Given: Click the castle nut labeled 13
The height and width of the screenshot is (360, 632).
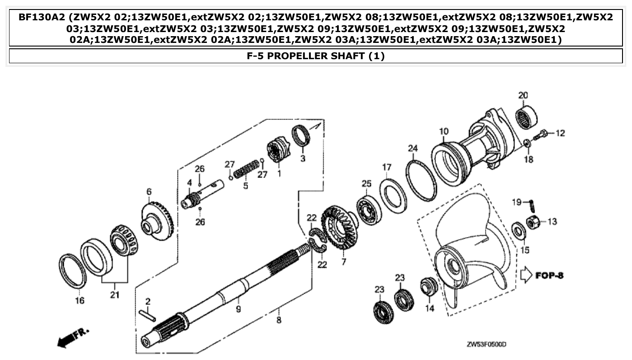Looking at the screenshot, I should pos(532,223).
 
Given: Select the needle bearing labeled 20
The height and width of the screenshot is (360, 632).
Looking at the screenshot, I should pos(527,116).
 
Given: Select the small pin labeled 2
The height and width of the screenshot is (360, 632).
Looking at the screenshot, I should pos(148,314).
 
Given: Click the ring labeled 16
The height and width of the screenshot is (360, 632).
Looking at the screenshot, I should pos(72,271).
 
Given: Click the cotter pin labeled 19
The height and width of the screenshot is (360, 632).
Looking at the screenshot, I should pos(532,206).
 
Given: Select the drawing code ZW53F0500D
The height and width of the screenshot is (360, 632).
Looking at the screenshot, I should pos(486,345).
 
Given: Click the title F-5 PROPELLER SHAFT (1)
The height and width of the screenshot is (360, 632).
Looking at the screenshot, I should pos(316,56).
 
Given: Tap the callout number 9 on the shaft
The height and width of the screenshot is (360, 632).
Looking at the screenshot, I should pos(238,309).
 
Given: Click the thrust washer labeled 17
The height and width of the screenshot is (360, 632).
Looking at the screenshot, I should pos(392,195).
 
